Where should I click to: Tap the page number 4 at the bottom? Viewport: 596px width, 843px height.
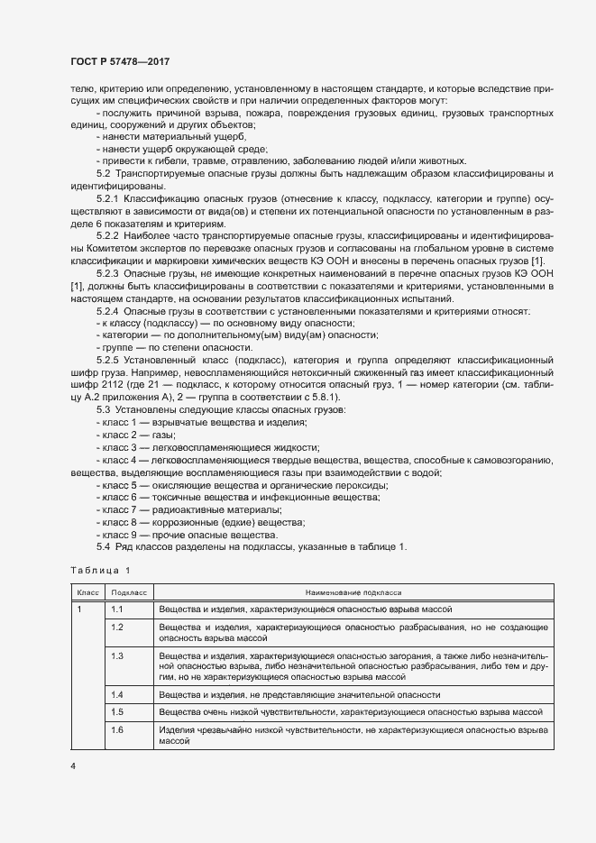pos(73,765)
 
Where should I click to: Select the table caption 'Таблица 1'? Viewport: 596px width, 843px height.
pos(101,571)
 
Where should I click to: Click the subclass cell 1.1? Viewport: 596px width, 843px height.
pos(116,609)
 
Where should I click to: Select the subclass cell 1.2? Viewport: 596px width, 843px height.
pos(116,626)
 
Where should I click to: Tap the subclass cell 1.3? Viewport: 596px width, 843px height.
pos(116,655)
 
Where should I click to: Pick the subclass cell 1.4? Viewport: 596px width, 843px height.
pos(116,694)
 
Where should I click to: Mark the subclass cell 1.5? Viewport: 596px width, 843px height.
pos(116,710)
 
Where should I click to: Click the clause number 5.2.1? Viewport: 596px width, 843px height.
pos(107,197)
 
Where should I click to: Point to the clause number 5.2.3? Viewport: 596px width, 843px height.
pos(107,273)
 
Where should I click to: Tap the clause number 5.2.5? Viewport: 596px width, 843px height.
pos(107,361)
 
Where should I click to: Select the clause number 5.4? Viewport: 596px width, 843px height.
pos(103,546)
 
